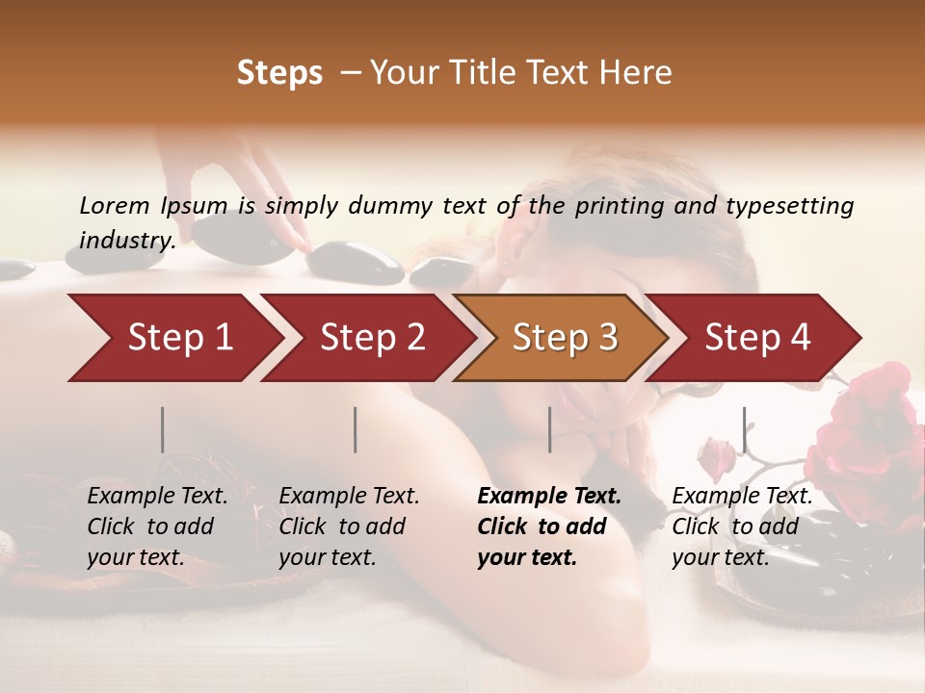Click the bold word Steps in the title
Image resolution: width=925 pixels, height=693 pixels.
(279, 73)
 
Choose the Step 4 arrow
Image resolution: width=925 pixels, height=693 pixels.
(757, 338)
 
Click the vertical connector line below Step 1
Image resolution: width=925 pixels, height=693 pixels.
(163, 429)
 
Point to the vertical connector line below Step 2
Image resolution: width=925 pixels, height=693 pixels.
(356, 429)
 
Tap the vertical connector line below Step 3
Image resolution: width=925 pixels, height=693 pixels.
(549, 429)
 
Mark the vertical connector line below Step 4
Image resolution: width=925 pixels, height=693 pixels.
(744, 429)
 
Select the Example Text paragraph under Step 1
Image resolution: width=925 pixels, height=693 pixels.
(157, 526)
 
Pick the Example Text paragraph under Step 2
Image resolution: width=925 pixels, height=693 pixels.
(349, 526)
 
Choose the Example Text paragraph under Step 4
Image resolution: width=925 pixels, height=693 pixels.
(742, 526)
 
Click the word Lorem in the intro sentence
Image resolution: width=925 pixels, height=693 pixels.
(115, 205)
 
